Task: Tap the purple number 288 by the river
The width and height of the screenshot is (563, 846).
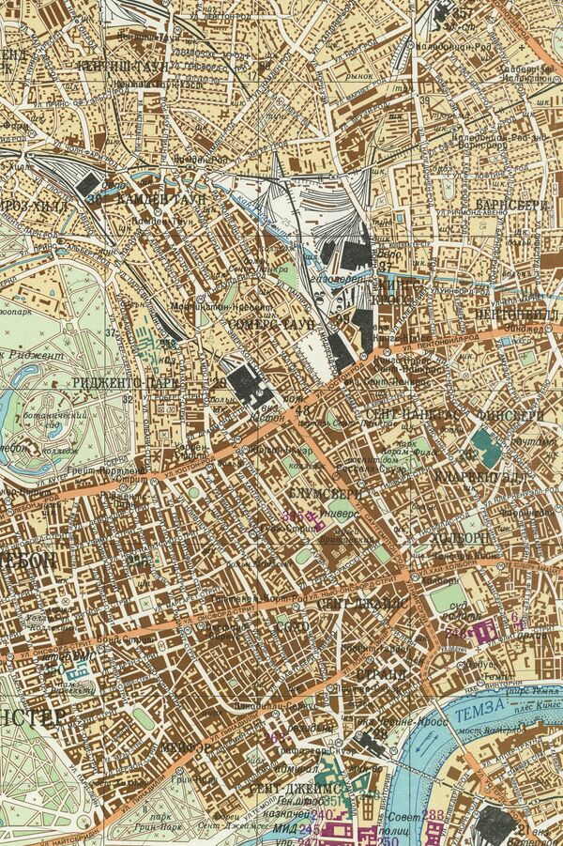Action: (x=434, y=814)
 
